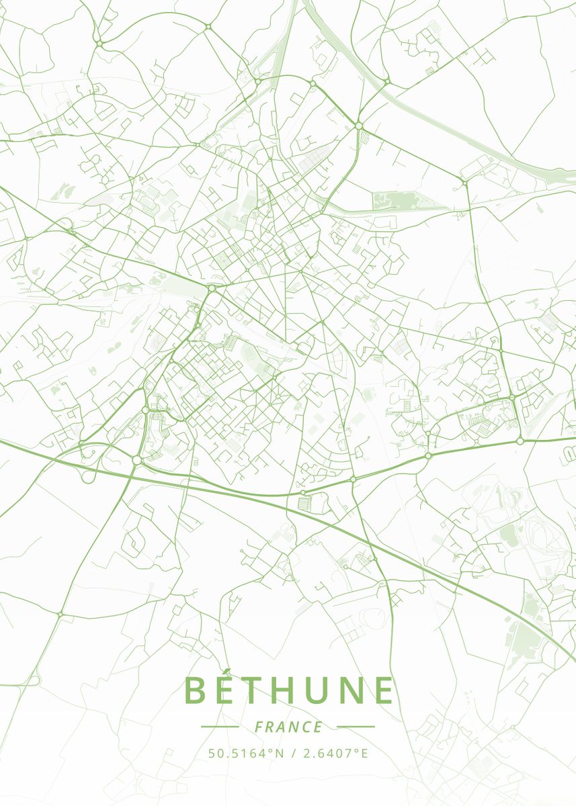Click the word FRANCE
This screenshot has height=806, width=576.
[x=288, y=727]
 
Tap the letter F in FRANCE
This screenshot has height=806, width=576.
[x=259, y=727]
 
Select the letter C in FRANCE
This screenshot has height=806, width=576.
[x=306, y=727]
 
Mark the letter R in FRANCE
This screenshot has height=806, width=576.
[x=270, y=727]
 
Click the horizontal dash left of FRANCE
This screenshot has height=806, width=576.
[x=220, y=727]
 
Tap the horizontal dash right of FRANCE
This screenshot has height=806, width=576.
[x=356, y=727]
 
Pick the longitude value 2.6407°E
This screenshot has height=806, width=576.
[x=335, y=753]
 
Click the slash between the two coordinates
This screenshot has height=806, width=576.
[x=293, y=753]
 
